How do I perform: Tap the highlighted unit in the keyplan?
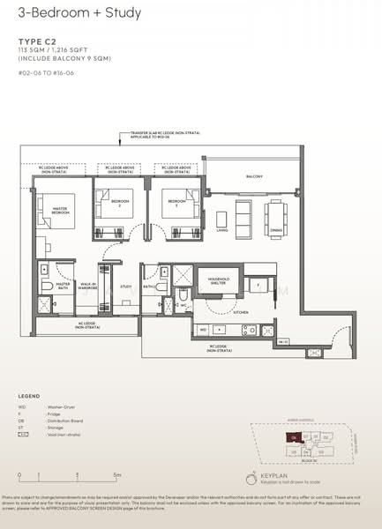tap(289, 436)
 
